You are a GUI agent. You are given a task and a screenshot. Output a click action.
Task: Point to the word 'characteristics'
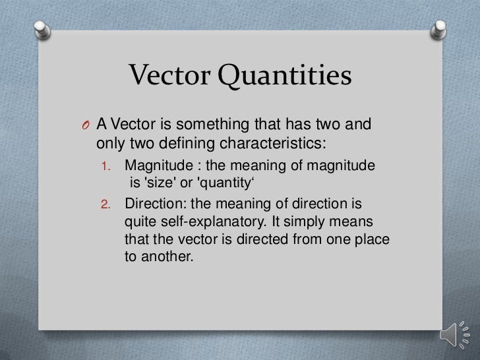pyautogui.click(x=274, y=143)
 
